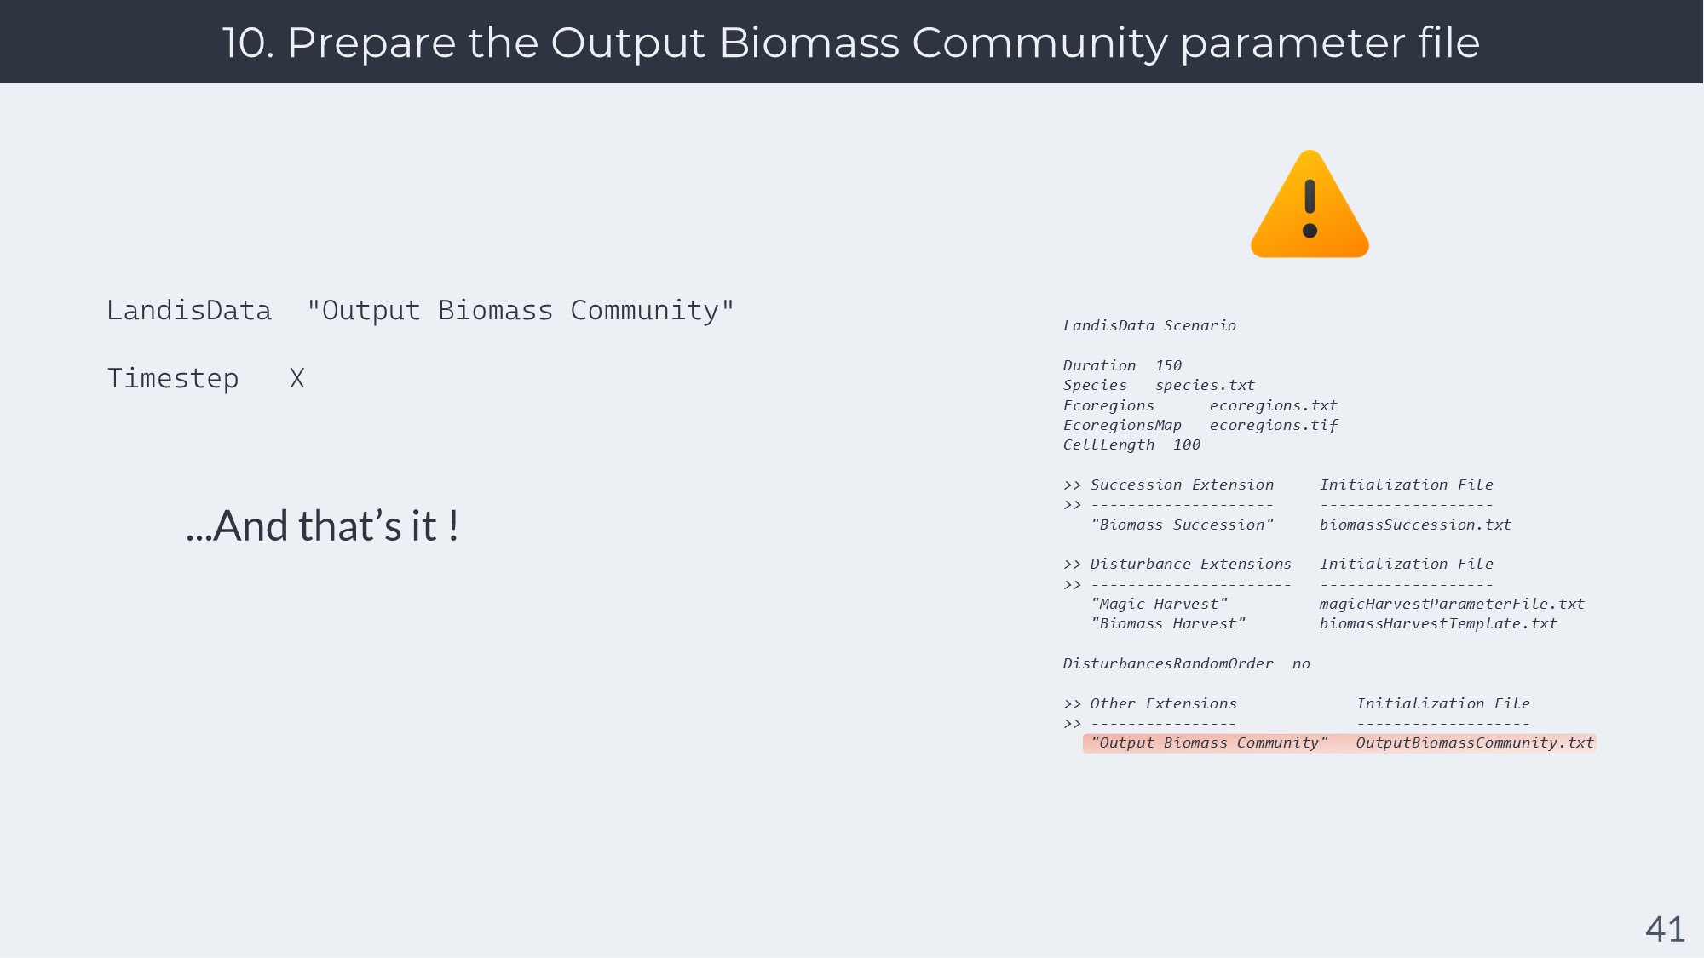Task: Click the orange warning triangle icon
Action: point(1310,204)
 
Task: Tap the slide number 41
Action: point(1665,929)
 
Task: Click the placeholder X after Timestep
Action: point(296,378)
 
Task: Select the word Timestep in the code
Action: point(173,379)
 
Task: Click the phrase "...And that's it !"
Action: point(323,525)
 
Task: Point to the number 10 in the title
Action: point(247,43)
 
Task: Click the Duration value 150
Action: point(1168,365)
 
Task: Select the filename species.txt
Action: point(1205,386)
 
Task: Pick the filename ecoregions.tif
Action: point(1274,425)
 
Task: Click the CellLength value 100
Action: point(1187,445)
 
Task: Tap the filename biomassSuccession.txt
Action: point(1415,525)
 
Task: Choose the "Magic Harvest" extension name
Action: point(1159,604)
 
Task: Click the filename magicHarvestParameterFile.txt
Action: point(1452,604)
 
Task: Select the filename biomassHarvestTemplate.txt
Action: point(1438,623)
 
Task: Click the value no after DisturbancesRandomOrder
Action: point(1301,663)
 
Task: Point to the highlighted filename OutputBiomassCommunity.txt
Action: point(1475,743)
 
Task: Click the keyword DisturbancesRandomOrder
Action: point(1168,663)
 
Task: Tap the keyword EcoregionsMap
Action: point(1122,425)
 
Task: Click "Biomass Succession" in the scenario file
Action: point(1183,525)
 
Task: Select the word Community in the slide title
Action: point(1039,43)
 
